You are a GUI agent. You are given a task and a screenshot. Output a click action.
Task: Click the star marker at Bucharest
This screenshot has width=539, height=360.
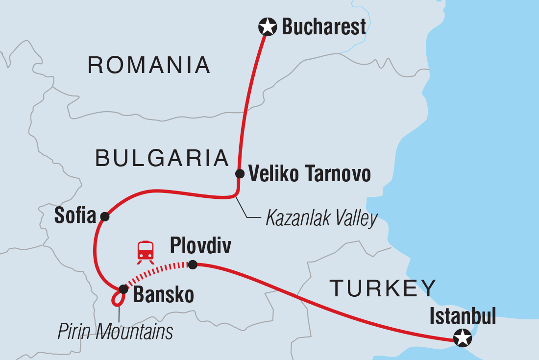pyautogui.click(x=268, y=27)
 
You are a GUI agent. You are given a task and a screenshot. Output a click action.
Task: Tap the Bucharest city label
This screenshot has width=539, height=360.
pyautogui.click(x=324, y=27)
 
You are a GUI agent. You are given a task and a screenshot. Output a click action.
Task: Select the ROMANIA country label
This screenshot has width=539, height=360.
pyautogui.click(x=149, y=65)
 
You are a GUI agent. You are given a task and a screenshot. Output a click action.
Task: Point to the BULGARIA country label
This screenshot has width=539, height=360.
pyautogui.click(x=162, y=158)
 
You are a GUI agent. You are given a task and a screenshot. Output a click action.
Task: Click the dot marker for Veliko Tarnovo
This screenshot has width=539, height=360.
pyautogui.click(x=240, y=173)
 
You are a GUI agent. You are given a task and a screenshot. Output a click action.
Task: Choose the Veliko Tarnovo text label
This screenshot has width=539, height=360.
pyautogui.click(x=309, y=174)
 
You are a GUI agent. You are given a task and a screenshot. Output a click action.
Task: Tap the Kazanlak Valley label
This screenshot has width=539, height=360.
pyautogui.click(x=321, y=219)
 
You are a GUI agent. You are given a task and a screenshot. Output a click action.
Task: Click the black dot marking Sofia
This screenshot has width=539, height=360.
pyautogui.click(x=104, y=216)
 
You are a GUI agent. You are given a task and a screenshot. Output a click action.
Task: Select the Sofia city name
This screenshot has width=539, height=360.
pyautogui.click(x=75, y=216)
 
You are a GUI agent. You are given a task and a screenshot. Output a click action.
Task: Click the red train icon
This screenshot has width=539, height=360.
pyautogui.click(x=146, y=251)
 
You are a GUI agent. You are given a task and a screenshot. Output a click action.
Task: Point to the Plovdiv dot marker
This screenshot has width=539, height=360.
pyautogui.click(x=193, y=264)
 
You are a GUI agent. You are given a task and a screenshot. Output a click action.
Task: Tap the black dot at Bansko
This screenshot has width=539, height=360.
pyautogui.click(x=123, y=289)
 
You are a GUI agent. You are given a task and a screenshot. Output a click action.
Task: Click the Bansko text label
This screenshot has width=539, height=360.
pyautogui.click(x=164, y=295)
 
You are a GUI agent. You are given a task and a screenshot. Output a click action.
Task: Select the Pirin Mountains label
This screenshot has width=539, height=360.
pyautogui.click(x=115, y=332)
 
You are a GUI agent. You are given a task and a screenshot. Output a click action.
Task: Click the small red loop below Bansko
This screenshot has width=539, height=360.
pyautogui.click(x=118, y=299)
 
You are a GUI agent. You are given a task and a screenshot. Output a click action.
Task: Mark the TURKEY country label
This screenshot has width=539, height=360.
pyautogui.click(x=383, y=288)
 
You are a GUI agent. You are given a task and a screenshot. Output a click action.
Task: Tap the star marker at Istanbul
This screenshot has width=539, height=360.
pyautogui.click(x=462, y=337)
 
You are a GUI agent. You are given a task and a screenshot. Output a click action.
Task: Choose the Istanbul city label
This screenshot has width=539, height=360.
pyautogui.click(x=463, y=316)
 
